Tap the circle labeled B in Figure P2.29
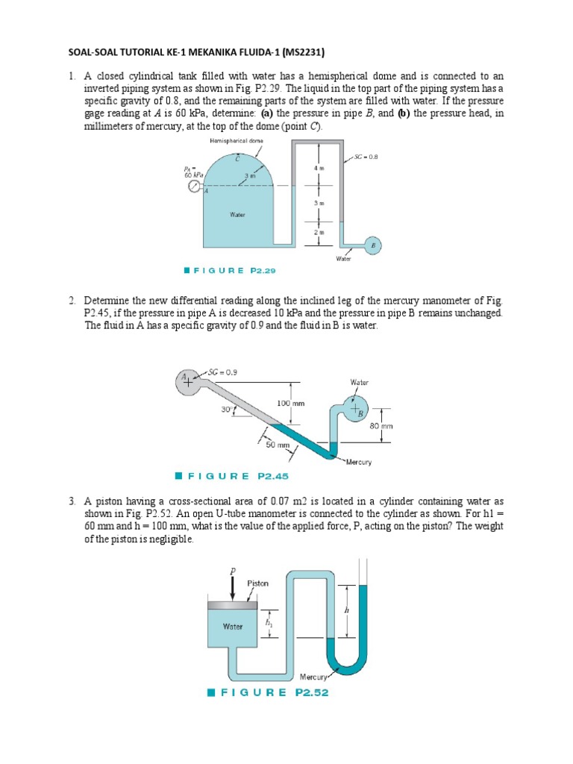(x=374, y=245)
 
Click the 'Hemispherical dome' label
(x=231, y=140)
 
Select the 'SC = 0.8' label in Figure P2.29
(x=367, y=157)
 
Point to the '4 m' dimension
(x=319, y=169)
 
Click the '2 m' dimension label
(x=319, y=233)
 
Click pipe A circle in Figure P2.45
(x=184, y=380)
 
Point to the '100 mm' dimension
(x=291, y=403)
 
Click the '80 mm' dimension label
(x=381, y=426)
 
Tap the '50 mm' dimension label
(x=277, y=445)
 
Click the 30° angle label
(x=225, y=408)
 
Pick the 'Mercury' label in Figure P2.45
(x=359, y=462)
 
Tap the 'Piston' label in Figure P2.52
(x=258, y=583)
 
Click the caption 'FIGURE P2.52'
(x=269, y=692)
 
